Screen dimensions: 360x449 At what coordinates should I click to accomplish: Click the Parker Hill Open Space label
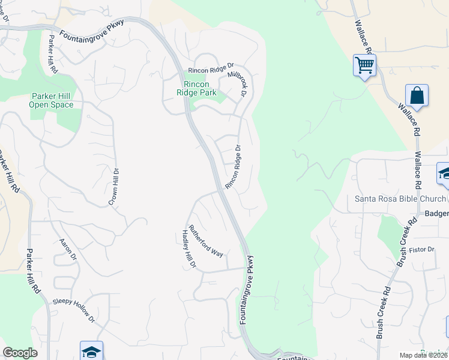coord(51,101)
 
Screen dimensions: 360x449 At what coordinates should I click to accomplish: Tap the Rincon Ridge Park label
coord(196,88)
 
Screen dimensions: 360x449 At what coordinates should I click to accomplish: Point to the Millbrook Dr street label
coord(238,85)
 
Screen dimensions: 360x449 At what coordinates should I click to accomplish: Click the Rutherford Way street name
coord(206,241)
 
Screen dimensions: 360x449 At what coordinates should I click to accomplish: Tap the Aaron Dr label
coord(68,249)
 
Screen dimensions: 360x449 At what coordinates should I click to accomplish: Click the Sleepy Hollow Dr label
coord(74,310)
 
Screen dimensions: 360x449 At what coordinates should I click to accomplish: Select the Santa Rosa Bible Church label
coord(400,199)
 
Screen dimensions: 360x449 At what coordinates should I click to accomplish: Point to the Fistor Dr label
coord(422,249)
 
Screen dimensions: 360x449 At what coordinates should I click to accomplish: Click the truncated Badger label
coord(436,214)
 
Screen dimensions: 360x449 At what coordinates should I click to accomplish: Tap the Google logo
coord(20,353)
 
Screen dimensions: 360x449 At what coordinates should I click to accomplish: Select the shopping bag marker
coord(417,96)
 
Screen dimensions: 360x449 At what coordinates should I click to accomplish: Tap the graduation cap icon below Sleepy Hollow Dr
coord(91,351)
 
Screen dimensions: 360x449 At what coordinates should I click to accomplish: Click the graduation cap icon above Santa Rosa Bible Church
coord(445,173)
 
